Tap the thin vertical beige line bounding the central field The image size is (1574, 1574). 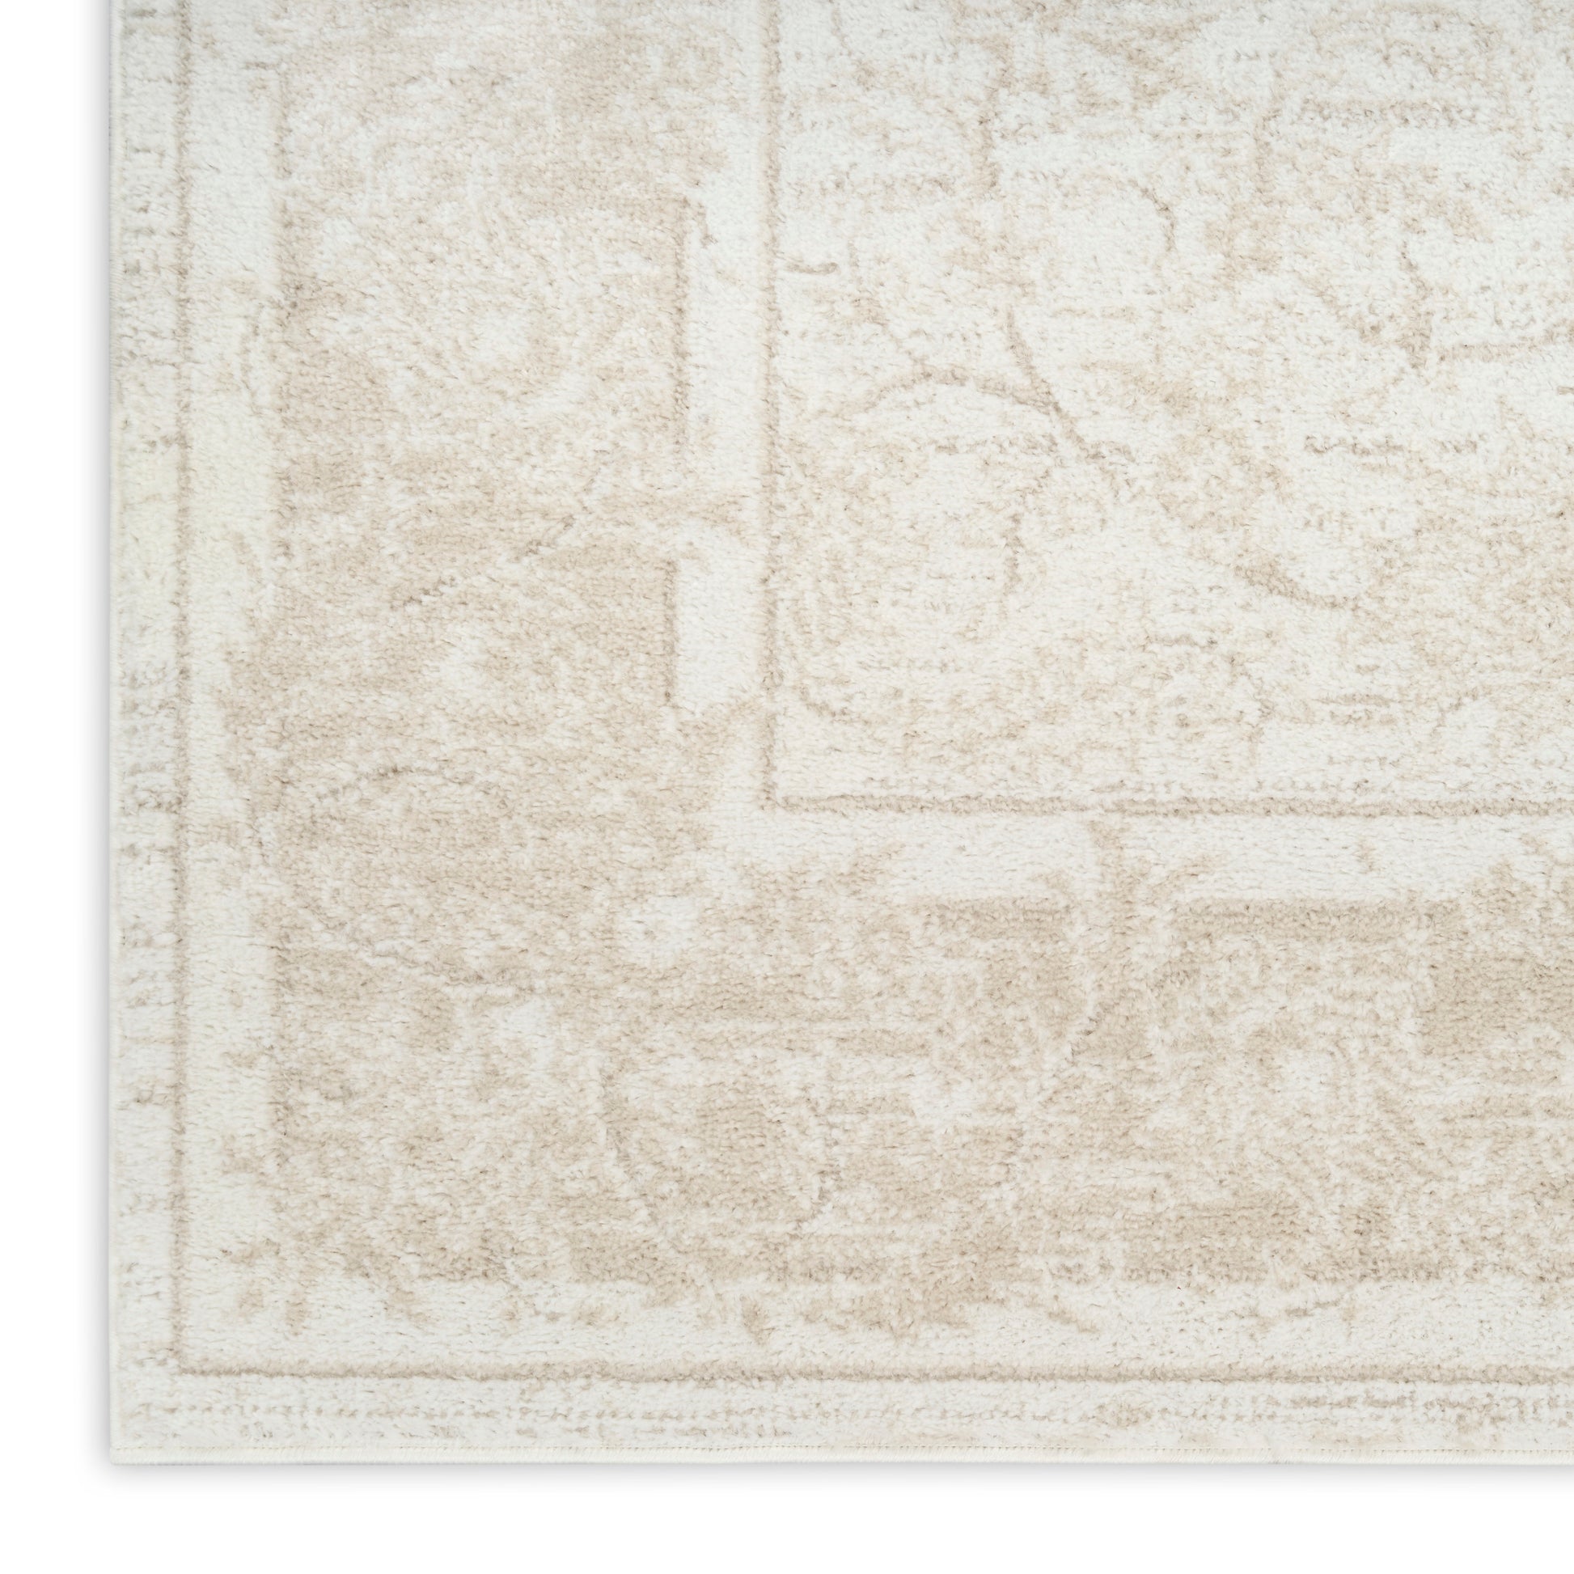[771, 408]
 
